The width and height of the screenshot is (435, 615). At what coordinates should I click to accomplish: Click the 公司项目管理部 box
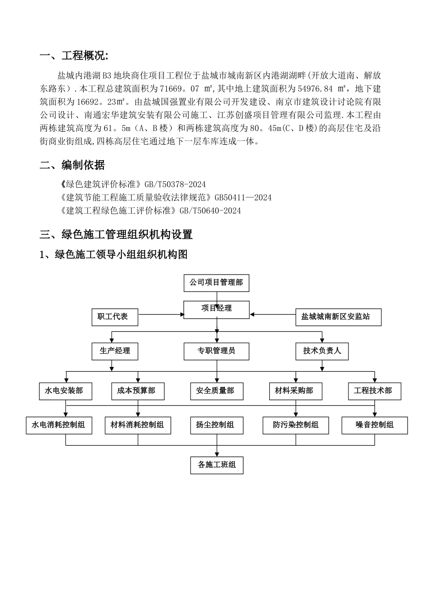coord(216,283)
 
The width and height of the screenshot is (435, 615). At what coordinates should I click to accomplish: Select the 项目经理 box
coord(217,309)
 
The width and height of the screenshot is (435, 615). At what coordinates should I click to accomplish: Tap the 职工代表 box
coord(114,317)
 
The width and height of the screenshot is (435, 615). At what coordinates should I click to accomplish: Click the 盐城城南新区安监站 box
coord(338,317)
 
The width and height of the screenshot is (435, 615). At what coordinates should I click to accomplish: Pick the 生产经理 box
coord(114,351)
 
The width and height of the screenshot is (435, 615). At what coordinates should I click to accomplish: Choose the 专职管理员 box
coord(217,351)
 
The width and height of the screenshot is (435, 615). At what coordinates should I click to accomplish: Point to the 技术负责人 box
coord(322,351)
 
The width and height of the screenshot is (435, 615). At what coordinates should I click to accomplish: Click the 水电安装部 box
coord(65,391)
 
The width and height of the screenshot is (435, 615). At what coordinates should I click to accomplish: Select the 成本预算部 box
coord(137,391)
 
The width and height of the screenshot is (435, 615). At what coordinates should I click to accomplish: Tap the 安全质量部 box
coord(217,391)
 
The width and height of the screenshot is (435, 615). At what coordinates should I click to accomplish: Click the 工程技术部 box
coord(375,391)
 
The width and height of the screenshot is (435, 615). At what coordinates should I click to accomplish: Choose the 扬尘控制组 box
coord(217,425)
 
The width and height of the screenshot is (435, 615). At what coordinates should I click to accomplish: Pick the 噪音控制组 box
coord(375,425)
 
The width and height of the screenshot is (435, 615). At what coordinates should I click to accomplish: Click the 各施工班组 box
coord(217,465)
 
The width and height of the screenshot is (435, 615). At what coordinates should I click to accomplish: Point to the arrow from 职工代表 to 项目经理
coord(160,314)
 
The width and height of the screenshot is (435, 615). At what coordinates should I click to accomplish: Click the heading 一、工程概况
coord(74,56)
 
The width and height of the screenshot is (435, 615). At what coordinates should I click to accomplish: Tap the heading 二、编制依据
coord(72,165)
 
